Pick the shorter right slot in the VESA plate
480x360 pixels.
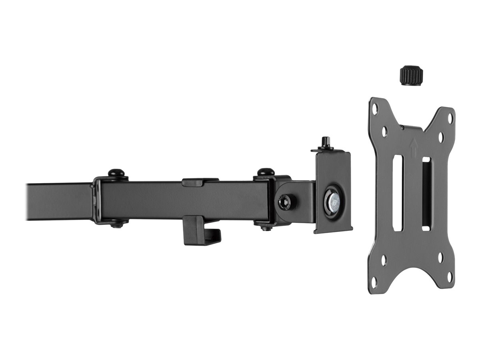[426, 194]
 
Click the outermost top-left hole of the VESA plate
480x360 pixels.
[375, 108]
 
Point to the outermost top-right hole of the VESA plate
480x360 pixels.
[450, 118]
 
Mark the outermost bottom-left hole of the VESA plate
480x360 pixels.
[374, 282]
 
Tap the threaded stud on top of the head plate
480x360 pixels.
[324, 143]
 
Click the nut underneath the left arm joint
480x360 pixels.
[116, 225]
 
